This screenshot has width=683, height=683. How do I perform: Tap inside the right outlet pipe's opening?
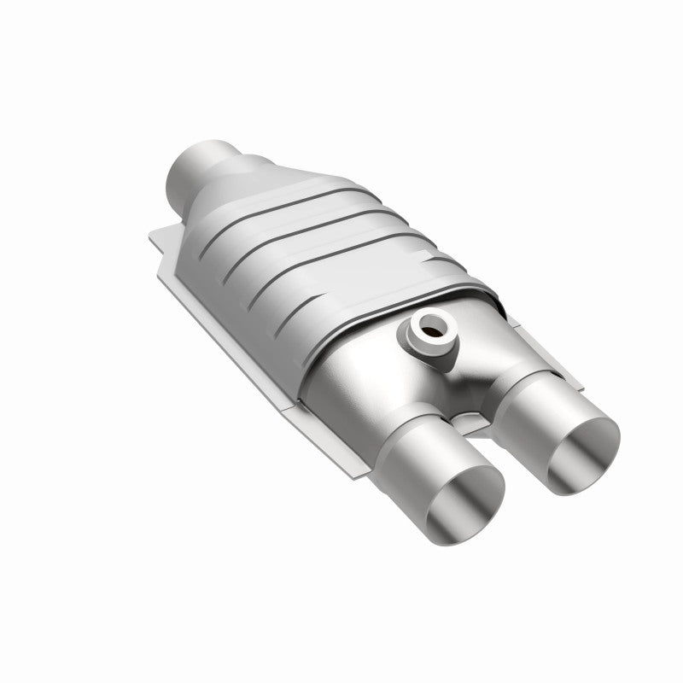click(x=586, y=450)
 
